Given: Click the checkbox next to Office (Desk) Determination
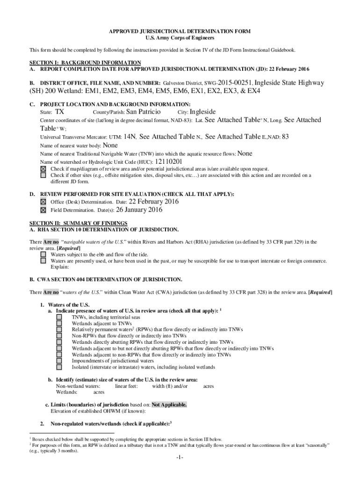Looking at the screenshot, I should pos(43,202).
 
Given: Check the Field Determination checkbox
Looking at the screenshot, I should pos(43,210).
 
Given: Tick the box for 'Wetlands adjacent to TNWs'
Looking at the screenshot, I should pos(59,323).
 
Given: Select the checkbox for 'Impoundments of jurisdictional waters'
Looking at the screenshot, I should pos(59,361).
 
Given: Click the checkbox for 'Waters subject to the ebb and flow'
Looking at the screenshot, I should pos(43,254).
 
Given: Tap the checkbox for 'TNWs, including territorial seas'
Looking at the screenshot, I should pos(59,317).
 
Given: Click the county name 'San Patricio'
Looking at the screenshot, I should pos(144,112).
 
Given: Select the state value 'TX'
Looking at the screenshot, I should pos(59,112).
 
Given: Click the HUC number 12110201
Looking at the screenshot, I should pos(162,161).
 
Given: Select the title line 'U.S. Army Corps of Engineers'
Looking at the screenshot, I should pos(180,37).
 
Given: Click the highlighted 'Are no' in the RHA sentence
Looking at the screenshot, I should pos(51,242).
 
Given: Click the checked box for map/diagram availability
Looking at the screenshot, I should pos(43,169).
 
